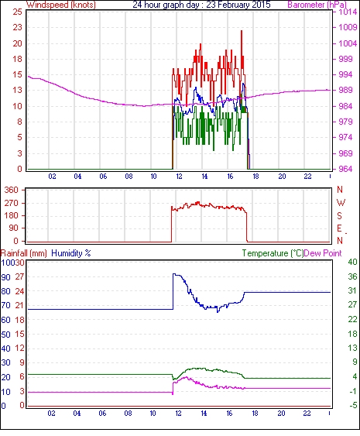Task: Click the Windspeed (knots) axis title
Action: tap(61, 5)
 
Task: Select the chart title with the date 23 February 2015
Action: tap(201, 5)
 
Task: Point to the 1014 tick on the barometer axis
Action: tap(348, 12)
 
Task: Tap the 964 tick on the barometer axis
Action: tap(345, 169)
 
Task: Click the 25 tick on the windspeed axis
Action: tap(17, 12)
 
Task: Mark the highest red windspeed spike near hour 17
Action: tap(242, 31)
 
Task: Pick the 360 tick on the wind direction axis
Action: tap(12, 191)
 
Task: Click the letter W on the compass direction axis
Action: tap(341, 203)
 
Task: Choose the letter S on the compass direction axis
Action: tap(339, 216)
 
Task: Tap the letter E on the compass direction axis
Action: tap(339, 228)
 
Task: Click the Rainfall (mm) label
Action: tap(24, 253)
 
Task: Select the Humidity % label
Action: tap(71, 253)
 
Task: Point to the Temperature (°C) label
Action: tap(273, 253)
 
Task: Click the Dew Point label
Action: tap(323, 253)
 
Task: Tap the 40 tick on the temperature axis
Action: tap(352, 262)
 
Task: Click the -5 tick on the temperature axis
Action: tap(353, 406)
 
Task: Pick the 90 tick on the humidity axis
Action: tap(5, 277)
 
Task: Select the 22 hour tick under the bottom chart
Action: tap(307, 414)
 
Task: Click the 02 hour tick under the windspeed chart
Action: tap(52, 177)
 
